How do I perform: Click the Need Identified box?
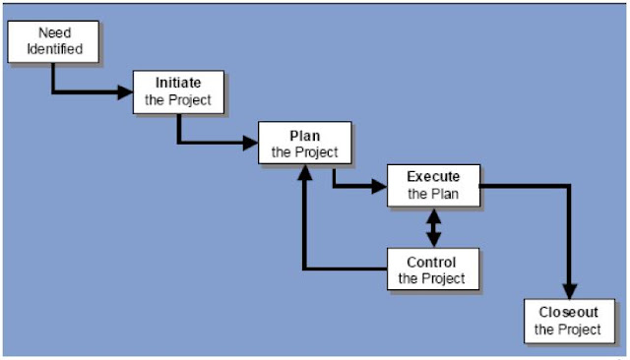tap(54, 40)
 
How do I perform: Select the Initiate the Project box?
tap(178, 91)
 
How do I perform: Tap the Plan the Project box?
tap(304, 143)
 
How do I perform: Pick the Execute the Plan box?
tap(433, 185)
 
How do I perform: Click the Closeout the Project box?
tap(568, 321)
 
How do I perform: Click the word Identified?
tap(54, 48)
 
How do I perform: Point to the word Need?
tap(54, 33)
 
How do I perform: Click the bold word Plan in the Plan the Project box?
tap(304, 135)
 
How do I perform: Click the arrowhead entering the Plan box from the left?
tap(250, 144)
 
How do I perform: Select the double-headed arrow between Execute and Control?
tap(432, 227)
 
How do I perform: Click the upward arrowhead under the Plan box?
tap(304, 172)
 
